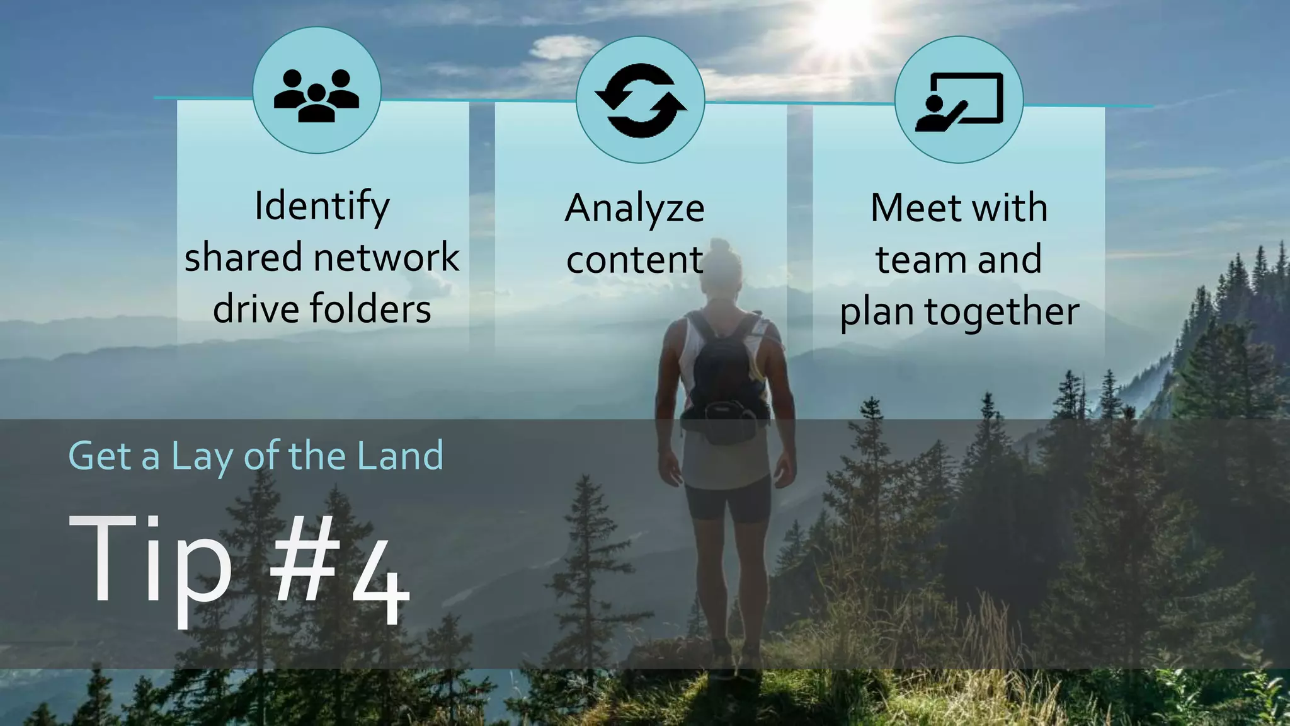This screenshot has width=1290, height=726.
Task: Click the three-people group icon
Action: pos(316,95)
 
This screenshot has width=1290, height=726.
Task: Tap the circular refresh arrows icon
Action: pos(641,101)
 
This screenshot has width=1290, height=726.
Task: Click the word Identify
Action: pos(322,207)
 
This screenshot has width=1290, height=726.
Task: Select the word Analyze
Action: pos(634,209)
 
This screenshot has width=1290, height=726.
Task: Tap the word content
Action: pos(634,260)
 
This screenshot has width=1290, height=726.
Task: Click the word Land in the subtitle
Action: pos(399,456)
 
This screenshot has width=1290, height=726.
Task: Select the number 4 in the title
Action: pos(380,586)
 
